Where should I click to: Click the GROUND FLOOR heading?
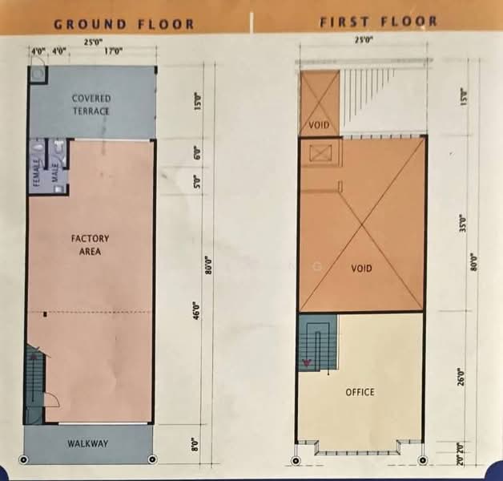(123, 24)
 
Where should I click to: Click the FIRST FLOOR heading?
(379, 22)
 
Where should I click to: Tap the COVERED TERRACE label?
(91, 104)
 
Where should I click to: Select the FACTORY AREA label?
(90, 245)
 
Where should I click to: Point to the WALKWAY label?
(87, 443)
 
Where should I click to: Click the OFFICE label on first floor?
(360, 392)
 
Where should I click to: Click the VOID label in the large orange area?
(362, 269)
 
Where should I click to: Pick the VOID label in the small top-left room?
(320, 127)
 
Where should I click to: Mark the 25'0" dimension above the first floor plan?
(363, 39)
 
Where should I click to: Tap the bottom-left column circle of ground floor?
(24, 460)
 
